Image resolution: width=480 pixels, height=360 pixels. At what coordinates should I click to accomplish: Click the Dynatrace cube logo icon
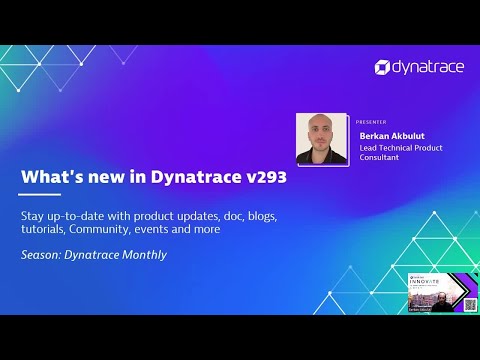pos(383,67)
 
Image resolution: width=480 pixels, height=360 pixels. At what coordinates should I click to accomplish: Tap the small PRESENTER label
pos(371,120)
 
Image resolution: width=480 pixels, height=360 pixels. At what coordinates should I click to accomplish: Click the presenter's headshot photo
pos(322,139)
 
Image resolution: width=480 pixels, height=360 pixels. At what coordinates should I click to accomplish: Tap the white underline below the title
pos(41,195)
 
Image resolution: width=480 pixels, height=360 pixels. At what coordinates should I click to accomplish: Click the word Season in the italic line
pos(42,254)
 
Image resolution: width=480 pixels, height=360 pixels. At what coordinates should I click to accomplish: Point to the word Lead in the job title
pos(370,148)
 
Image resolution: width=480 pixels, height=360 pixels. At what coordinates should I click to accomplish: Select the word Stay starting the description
pos(33,215)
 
